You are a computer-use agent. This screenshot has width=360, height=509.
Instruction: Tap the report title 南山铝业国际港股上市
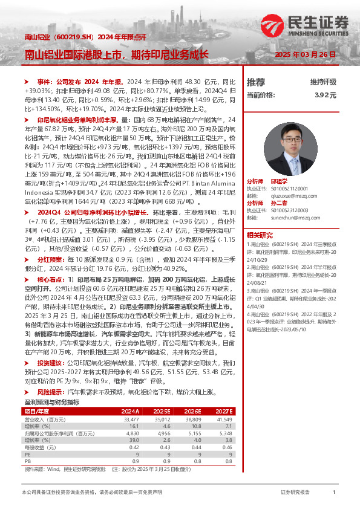tap(73, 54)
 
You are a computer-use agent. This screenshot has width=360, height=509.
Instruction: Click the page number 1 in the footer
tap(334, 493)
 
